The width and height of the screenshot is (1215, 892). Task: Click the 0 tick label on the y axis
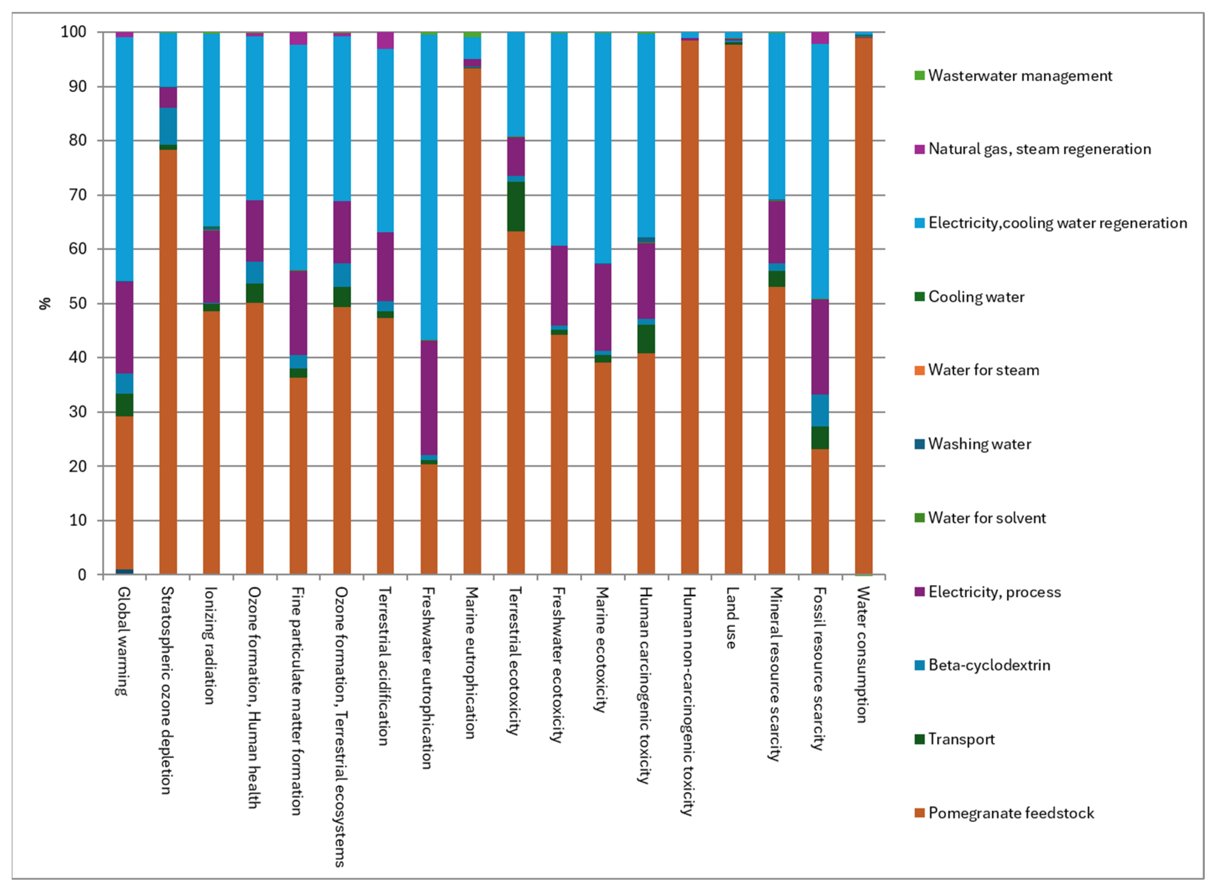click(x=82, y=575)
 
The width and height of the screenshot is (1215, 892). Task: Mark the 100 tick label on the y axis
click(x=73, y=32)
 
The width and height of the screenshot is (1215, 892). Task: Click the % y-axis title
click(x=45, y=304)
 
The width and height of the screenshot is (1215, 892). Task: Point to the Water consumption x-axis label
click(x=863, y=655)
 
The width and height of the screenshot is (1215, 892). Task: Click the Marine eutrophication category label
click(x=472, y=663)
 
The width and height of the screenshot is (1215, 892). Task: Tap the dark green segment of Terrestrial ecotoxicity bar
click(x=516, y=207)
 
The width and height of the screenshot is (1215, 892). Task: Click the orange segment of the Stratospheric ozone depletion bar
click(x=168, y=362)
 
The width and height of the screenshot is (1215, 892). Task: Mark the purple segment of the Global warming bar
click(x=124, y=328)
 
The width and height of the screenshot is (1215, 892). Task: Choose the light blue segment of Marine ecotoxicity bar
click(x=603, y=148)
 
